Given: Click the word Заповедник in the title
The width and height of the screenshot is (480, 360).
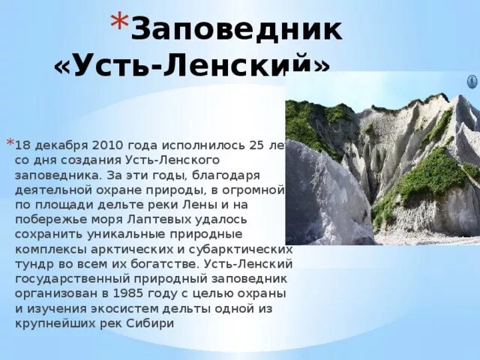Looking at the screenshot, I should (238, 30).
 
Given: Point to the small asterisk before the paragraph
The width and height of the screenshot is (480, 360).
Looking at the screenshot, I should (10, 142).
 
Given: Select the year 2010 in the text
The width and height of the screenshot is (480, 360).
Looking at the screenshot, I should (112, 144).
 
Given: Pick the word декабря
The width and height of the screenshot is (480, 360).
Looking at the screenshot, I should (61, 144).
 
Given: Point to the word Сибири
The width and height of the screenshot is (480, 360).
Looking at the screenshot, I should (155, 323).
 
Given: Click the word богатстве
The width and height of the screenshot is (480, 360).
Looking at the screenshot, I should (152, 263).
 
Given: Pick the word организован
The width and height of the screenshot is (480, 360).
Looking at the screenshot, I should (50, 293).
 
